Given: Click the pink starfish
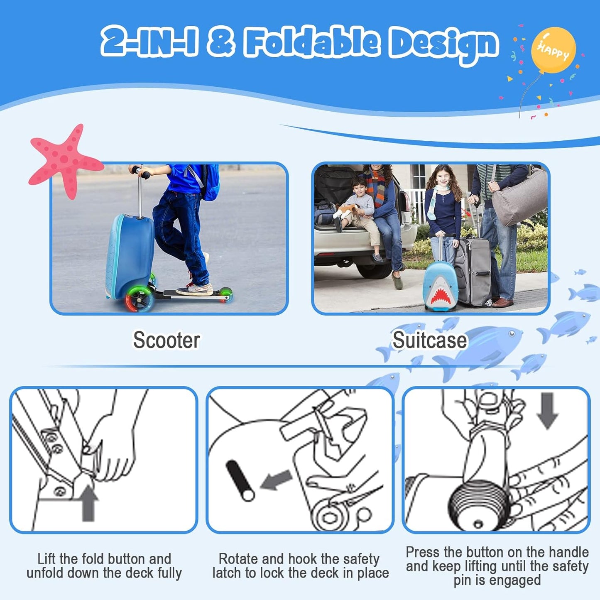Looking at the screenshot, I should click(62, 160).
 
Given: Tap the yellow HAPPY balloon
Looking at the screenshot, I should click(553, 50).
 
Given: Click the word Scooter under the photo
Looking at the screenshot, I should click(166, 340).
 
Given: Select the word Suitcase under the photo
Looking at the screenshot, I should click(430, 340).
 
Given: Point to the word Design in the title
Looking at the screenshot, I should click(443, 43).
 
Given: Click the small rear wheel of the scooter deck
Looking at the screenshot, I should click(225, 294).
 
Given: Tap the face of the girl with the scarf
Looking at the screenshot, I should click(443, 179).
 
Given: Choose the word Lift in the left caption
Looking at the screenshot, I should click(47, 559).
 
